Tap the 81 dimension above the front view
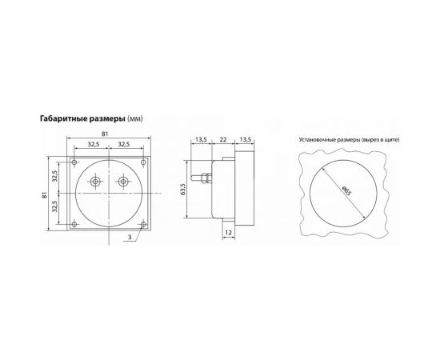[x=109, y=134]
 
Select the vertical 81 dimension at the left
[x=45, y=195]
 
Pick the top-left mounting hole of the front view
[x=74, y=162]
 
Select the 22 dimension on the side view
[x=224, y=139]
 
